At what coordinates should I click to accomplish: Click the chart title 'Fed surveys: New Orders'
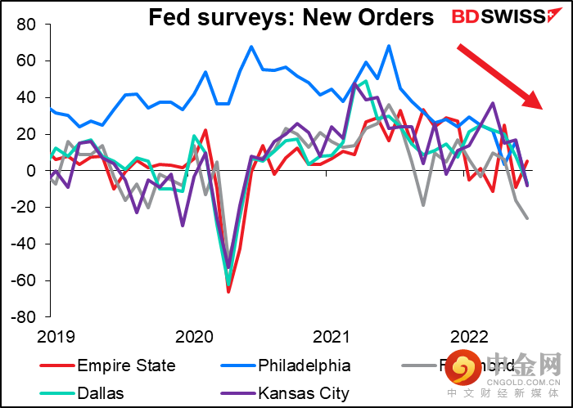[291, 18]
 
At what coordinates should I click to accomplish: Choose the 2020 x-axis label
[193, 336]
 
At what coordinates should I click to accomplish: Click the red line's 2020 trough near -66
[228, 292]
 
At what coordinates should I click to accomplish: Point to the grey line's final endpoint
[526, 218]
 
